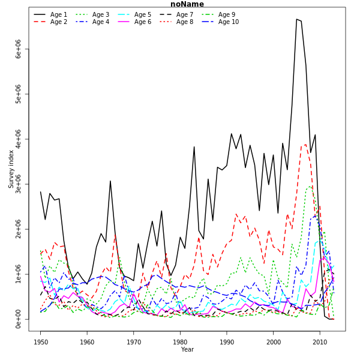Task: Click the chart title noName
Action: [187, 4]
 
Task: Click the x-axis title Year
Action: [187, 350]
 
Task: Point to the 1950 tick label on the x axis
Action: [41, 342]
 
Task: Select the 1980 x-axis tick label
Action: [180, 342]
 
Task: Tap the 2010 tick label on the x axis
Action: [320, 342]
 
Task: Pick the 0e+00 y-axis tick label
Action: [19, 319]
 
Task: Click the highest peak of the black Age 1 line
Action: [296, 19]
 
